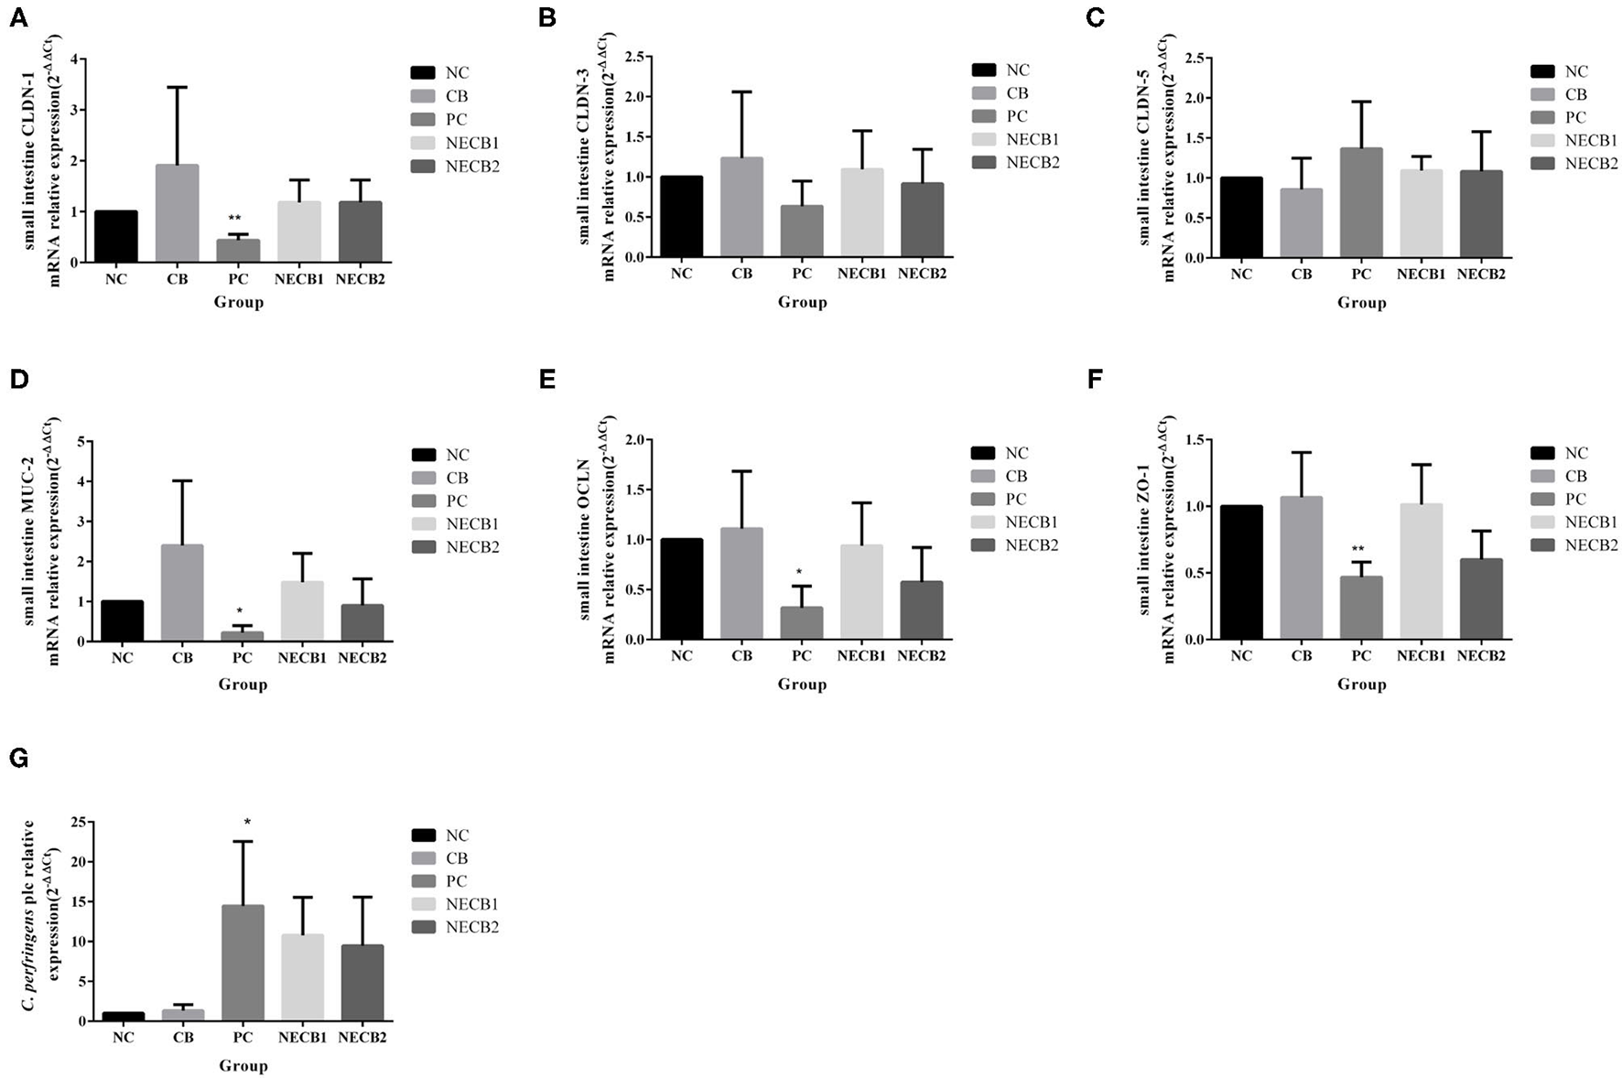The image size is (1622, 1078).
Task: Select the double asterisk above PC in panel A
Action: pos(235,219)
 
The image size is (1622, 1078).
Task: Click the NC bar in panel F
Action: pos(1241,572)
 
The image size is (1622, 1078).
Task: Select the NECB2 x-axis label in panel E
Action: pos(921,656)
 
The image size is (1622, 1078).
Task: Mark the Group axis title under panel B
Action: pos(802,302)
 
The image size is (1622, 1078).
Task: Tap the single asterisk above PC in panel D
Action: pos(239,611)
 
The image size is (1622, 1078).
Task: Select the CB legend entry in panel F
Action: pos(1576,476)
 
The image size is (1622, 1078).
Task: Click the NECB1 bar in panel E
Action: pos(861,592)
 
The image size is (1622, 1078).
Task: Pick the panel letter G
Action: pos(19,759)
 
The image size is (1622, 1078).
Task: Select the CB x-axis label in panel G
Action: pos(183,1038)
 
